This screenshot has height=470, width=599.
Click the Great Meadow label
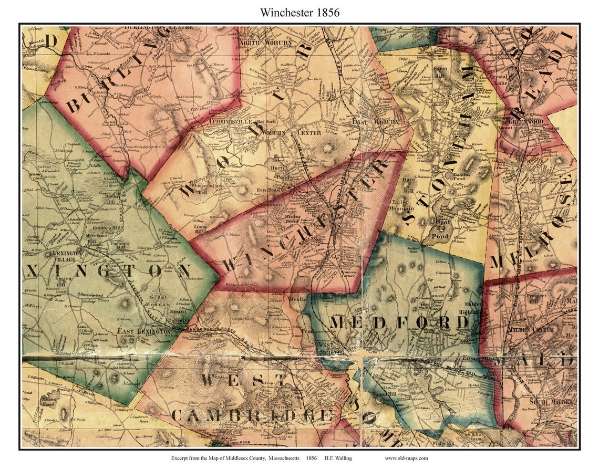pos(161,301)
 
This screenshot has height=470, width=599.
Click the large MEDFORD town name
pos(399,322)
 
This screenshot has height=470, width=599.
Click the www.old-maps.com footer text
pos(406,458)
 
